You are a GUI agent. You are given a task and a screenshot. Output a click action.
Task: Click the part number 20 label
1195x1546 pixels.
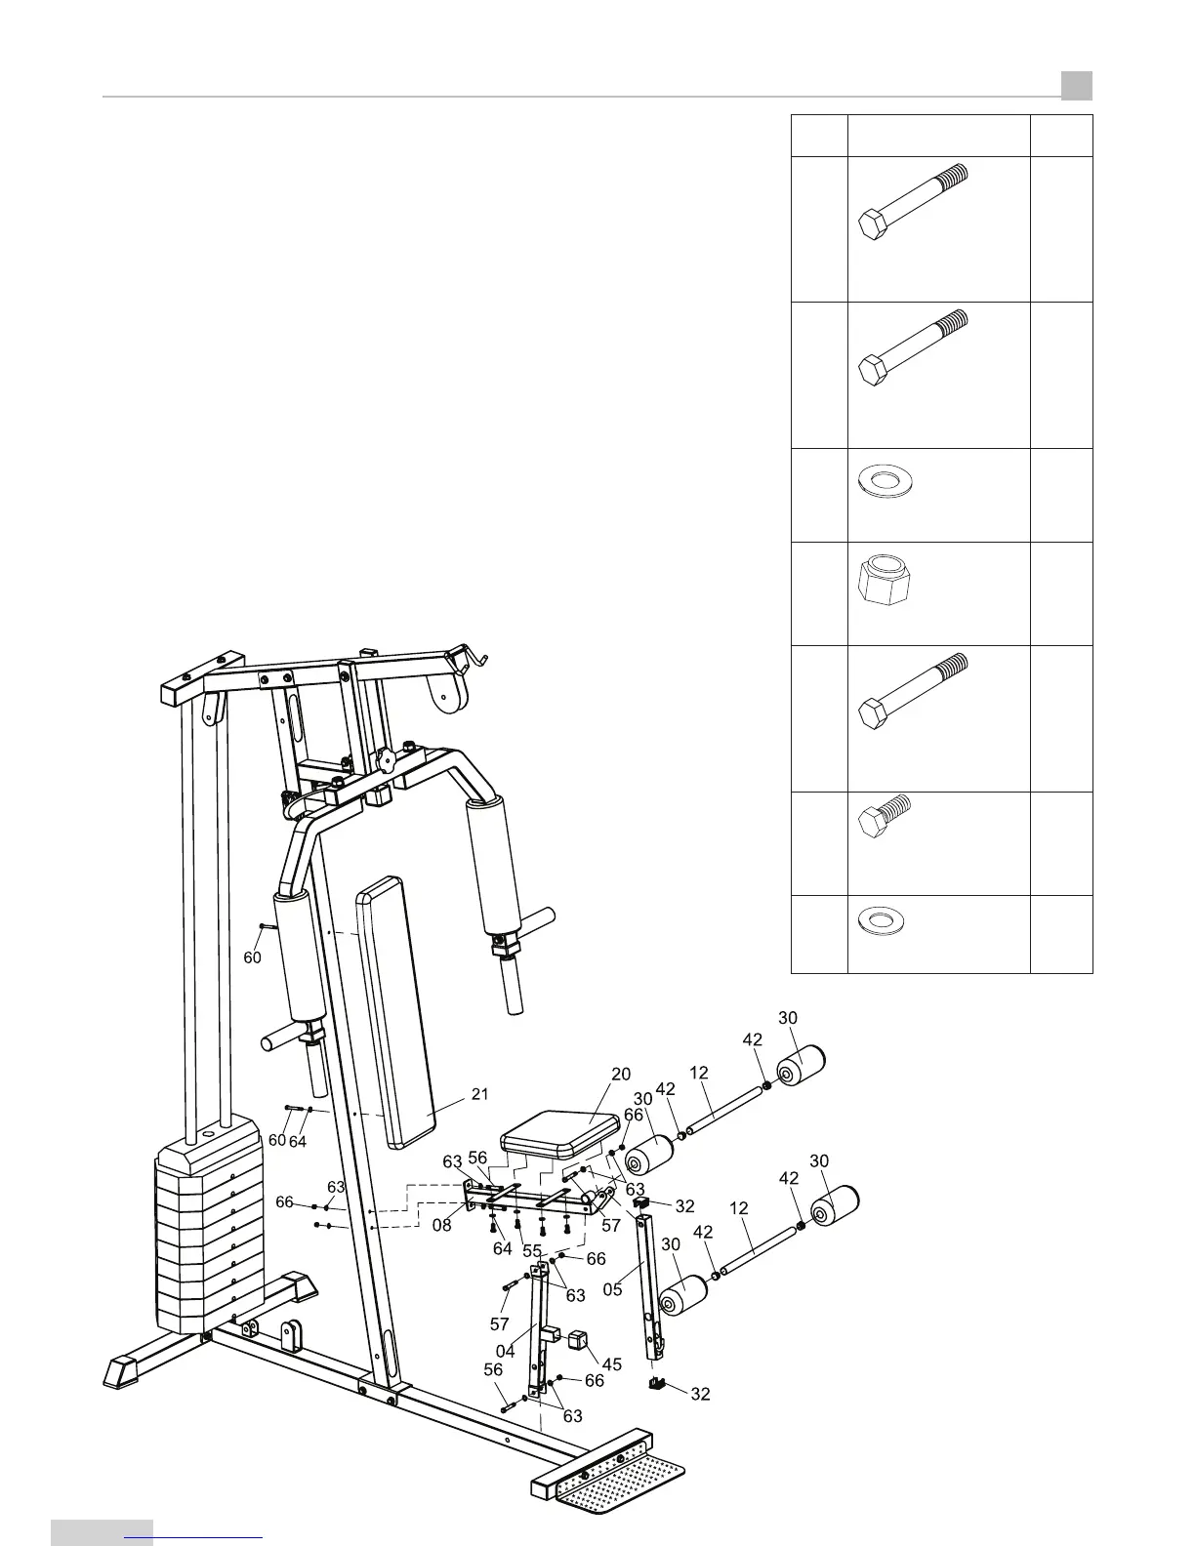pyautogui.click(x=621, y=1075)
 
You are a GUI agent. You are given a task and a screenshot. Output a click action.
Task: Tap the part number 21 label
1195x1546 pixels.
pyautogui.click(x=479, y=1094)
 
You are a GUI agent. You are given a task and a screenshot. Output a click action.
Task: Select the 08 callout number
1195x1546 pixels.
pyautogui.click(x=442, y=1225)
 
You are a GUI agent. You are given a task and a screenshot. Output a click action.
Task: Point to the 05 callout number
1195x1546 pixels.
pyautogui.click(x=612, y=1288)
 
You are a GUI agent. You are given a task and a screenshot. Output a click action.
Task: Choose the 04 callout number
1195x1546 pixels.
pyautogui.click(x=505, y=1351)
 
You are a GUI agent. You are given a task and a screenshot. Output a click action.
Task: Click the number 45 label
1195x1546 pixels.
pyautogui.click(x=611, y=1363)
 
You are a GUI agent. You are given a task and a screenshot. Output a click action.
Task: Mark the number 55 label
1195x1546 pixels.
pyautogui.click(x=532, y=1250)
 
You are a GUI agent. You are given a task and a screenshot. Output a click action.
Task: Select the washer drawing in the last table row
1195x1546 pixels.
pyautogui.click(x=881, y=919)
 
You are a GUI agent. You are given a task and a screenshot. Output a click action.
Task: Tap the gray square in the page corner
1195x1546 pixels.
pyautogui.click(x=1077, y=87)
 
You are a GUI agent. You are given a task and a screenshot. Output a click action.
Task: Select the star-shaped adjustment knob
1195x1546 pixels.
pyautogui.click(x=385, y=758)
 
